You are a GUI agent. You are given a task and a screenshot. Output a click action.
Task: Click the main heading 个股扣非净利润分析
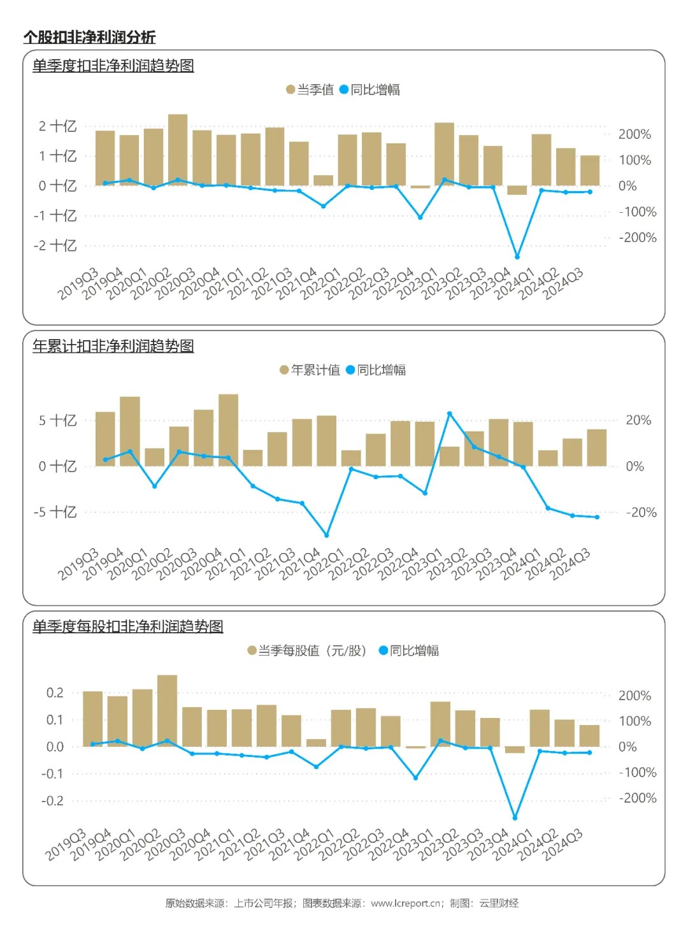[89, 37]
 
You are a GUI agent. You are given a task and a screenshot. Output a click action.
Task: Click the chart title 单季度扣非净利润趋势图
[113, 66]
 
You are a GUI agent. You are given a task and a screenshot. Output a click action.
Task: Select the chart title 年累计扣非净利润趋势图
[113, 346]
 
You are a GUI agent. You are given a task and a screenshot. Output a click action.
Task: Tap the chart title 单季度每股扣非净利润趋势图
[127, 626]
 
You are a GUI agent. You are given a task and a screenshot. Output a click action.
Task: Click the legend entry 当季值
[310, 90]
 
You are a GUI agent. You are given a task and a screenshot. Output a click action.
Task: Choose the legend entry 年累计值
[310, 370]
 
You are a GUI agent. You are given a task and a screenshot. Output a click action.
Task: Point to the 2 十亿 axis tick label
[57, 126]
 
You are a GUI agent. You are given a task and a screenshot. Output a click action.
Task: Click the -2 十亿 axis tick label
[55, 245]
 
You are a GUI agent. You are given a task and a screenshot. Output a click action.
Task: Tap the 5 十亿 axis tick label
[57, 420]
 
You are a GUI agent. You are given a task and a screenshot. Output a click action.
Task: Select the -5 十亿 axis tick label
[55, 512]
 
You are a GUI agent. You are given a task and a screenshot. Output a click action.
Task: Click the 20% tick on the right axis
[638, 420]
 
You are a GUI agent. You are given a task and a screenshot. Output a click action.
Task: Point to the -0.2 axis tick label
[52, 801]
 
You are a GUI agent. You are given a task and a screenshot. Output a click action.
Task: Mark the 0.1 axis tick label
[55, 720]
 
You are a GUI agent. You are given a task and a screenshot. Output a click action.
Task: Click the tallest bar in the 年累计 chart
[228, 430]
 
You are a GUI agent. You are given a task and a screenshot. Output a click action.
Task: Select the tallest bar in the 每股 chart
[167, 710]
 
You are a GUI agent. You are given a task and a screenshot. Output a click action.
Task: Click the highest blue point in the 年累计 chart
[450, 414]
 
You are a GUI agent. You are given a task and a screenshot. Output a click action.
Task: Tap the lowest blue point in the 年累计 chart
[327, 535]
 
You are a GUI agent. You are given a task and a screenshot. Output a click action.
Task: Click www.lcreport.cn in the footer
[406, 903]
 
